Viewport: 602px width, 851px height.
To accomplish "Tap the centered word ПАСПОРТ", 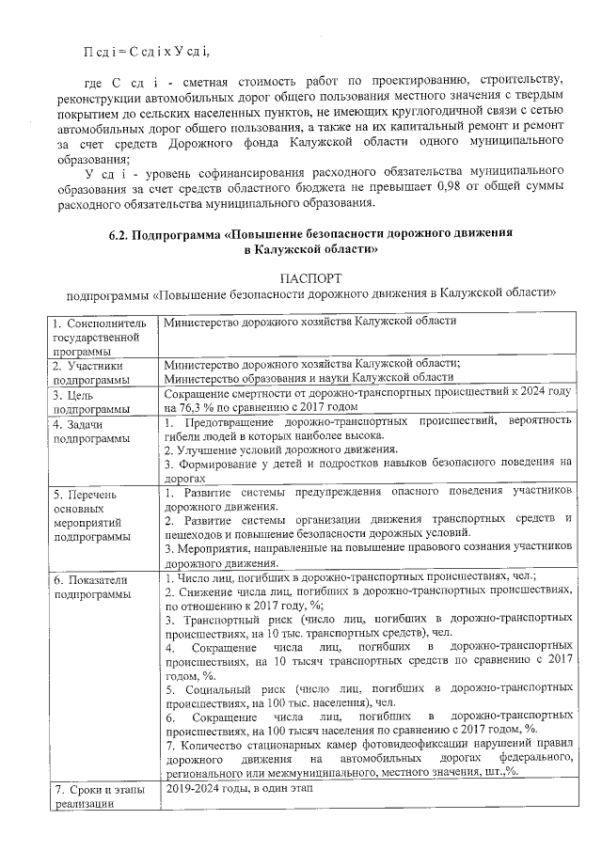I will [x=311, y=278].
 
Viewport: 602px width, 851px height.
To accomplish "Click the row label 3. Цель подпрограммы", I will [x=93, y=402].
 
